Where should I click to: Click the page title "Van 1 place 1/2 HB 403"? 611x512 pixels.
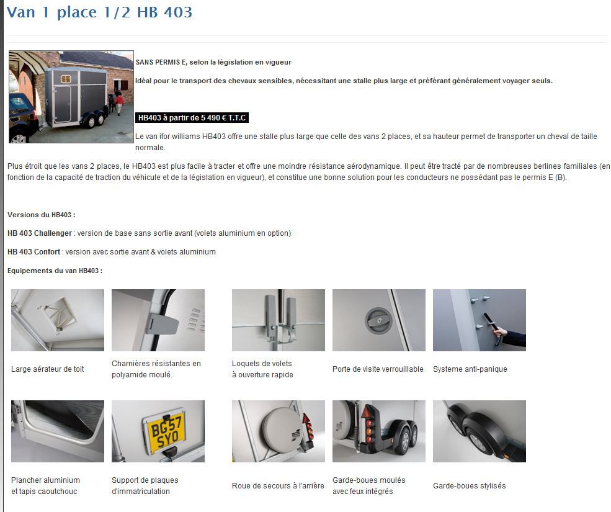pyautogui.click(x=99, y=12)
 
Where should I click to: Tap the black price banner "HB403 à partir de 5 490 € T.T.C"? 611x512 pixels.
pyautogui.click(x=192, y=118)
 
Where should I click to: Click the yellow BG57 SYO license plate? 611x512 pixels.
pyautogui.click(x=166, y=433)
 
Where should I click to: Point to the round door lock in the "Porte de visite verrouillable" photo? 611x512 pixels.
pyautogui.click(x=377, y=320)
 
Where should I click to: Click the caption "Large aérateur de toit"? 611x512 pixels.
pyautogui.click(x=48, y=369)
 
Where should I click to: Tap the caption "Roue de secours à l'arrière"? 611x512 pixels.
pyautogui.click(x=278, y=485)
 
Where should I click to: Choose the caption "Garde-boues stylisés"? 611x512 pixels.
pyautogui.click(x=469, y=485)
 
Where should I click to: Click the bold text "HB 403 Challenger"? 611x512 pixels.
pyautogui.click(x=40, y=233)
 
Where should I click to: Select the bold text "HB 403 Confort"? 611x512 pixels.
pyautogui.click(x=34, y=252)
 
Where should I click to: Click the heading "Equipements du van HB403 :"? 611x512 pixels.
pyautogui.click(x=55, y=271)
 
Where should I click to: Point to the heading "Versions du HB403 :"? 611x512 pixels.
pyautogui.click(x=42, y=215)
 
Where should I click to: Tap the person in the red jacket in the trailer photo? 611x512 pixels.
pyautogui.click(x=119, y=104)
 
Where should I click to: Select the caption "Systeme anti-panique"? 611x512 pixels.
pyautogui.click(x=470, y=369)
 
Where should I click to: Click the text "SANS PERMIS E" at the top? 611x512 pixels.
pyautogui.click(x=161, y=62)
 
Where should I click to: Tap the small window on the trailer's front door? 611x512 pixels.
pyautogui.click(x=66, y=79)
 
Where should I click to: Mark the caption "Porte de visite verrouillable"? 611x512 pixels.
pyautogui.click(x=378, y=369)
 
